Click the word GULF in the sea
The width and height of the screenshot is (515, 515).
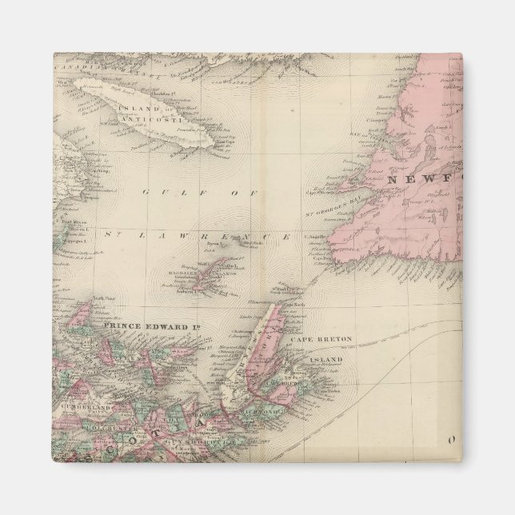click(163, 191)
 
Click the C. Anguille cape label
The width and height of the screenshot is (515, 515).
click(316, 237)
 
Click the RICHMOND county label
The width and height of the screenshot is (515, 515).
click(272, 415)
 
